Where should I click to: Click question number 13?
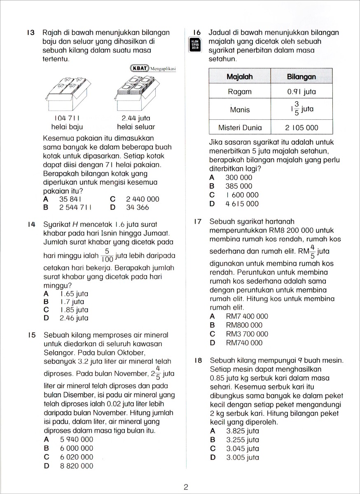pyautogui.click(x=30, y=33)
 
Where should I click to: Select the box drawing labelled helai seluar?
pyautogui.click(x=136, y=95)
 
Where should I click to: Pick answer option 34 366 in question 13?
pyautogui.click(x=138, y=207)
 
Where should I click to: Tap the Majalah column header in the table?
pyautogui.click(x=239, y=77)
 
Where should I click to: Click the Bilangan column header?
pyautogui.click(x=301, y=77)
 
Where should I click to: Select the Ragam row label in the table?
pyautogui.click(x=239, y=92)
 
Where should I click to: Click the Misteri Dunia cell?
pyautogui.click(x=239, y=128)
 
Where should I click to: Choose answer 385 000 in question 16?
pyautogui.click(x=239, y=186)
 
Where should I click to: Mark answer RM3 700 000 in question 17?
pyautogui.click(x=247, y=334)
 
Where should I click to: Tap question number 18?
pyautogui.click(x=198, y=361)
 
